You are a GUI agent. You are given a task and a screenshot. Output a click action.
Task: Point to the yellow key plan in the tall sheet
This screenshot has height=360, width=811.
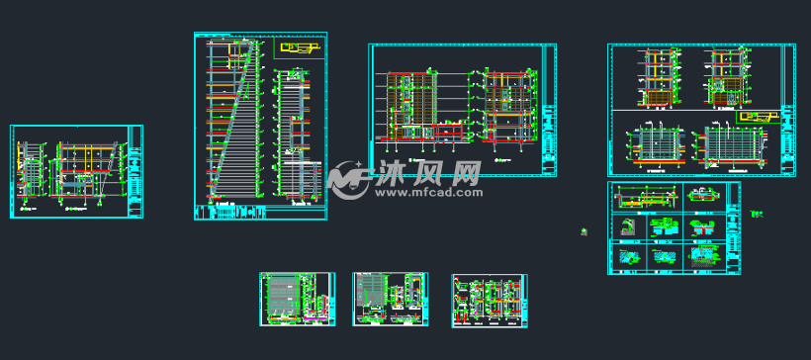pos(300,46)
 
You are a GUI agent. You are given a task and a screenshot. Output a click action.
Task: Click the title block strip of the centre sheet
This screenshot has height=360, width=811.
pos(548,110)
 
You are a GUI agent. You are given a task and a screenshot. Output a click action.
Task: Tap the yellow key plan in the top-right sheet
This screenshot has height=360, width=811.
pos(757,117)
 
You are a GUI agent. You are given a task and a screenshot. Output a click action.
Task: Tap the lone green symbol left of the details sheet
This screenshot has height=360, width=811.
pos(585,231)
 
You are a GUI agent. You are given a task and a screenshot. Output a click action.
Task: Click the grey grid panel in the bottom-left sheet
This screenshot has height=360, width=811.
pos(283,295)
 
